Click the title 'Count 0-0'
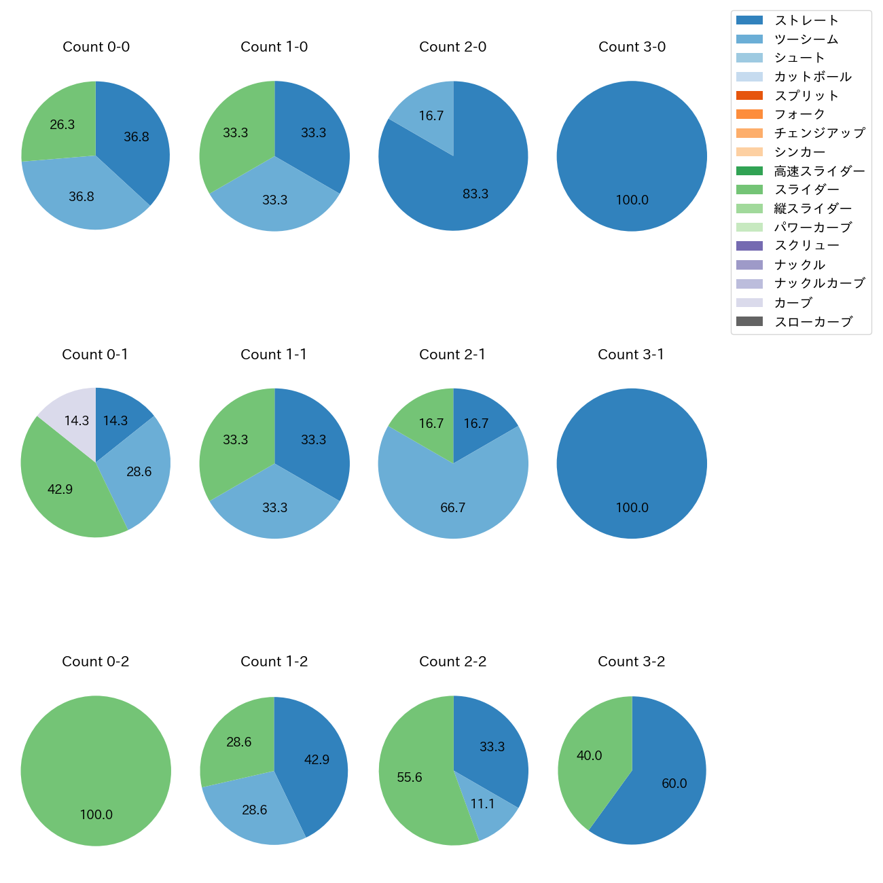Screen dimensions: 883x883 pyautogui.click(x=96, y=47)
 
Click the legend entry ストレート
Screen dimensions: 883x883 pyautogui.click(x=806, y=20)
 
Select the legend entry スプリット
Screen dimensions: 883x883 pyautogui.click(x=806, y=96)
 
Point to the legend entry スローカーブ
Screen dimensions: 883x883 pyautogui.click(x=813, y=322)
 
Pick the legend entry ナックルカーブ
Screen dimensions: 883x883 pyautogui.click(x=819, y=284)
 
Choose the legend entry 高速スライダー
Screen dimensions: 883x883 pyautogui.click(x=819, y=171)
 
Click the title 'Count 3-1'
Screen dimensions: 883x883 pyautogui.click(x=631, y=355)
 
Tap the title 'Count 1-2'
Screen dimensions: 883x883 pyautogui.click(x=274, y=662)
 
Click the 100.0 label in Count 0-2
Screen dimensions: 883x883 pyautogui.click(x=96, y=814)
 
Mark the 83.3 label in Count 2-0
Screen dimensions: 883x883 pyautogui.click(x=475, y=194)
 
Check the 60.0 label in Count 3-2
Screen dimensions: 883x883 pyautogui.click(x=674, y=783)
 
